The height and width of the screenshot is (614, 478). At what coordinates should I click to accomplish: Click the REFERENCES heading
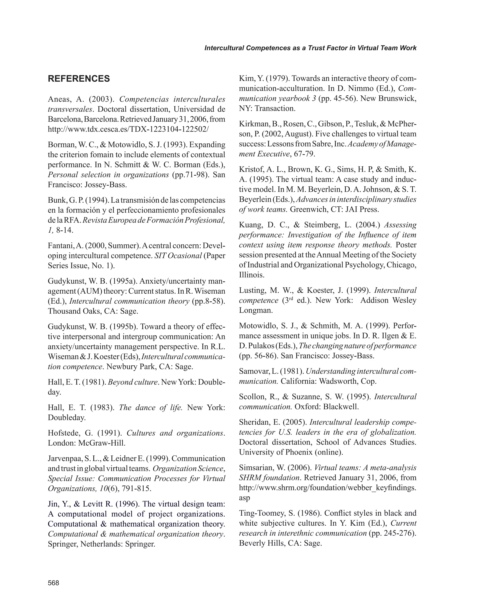[79, 79]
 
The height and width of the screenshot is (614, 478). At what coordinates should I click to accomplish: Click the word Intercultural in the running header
[224, 48]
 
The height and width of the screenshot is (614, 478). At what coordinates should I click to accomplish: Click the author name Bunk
[57, 200]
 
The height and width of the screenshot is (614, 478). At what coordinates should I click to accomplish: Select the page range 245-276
[399, 533]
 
